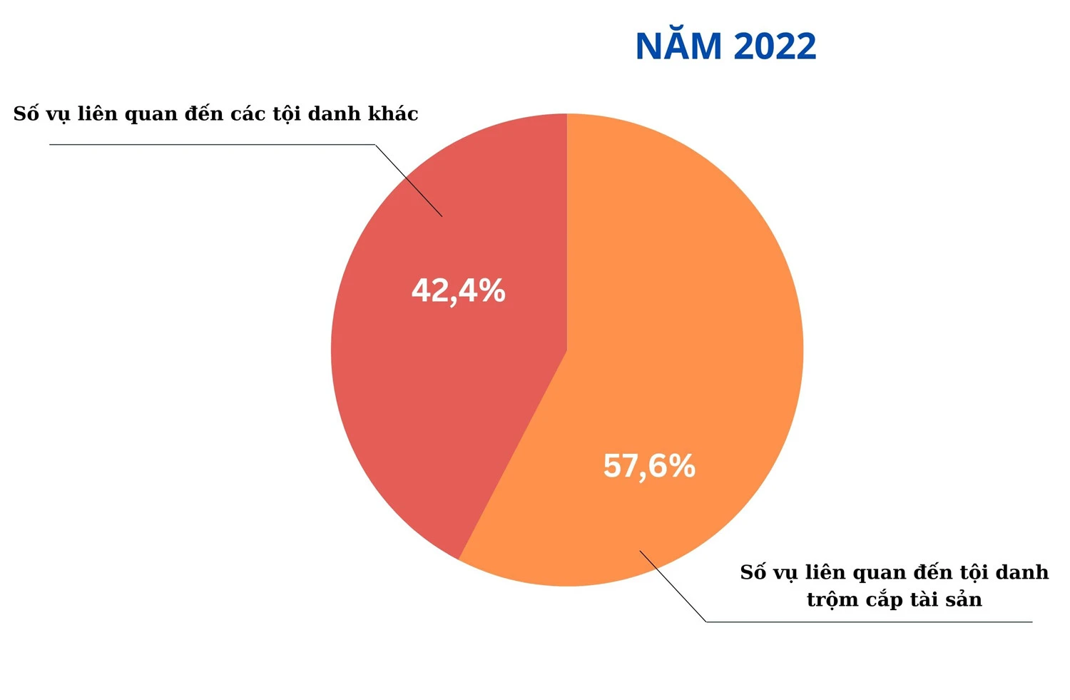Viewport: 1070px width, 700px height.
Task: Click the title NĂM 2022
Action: click(x=725, y=46)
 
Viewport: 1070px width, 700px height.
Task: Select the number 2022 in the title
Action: click(x=774, y=46)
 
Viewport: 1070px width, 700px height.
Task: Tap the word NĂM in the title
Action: click(x=678, y=46)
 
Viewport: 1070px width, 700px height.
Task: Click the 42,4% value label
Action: click(x=459, y=291)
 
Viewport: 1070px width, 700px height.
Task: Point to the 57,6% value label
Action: click(x=649, y=466)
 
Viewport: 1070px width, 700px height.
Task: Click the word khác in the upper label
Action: click(x=393, y=113)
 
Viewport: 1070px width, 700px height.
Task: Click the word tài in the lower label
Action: click(x=924, y=600)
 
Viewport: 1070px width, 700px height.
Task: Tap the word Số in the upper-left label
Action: click(x=26, y=114)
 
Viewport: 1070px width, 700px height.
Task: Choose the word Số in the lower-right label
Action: click(x=753, y=572)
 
